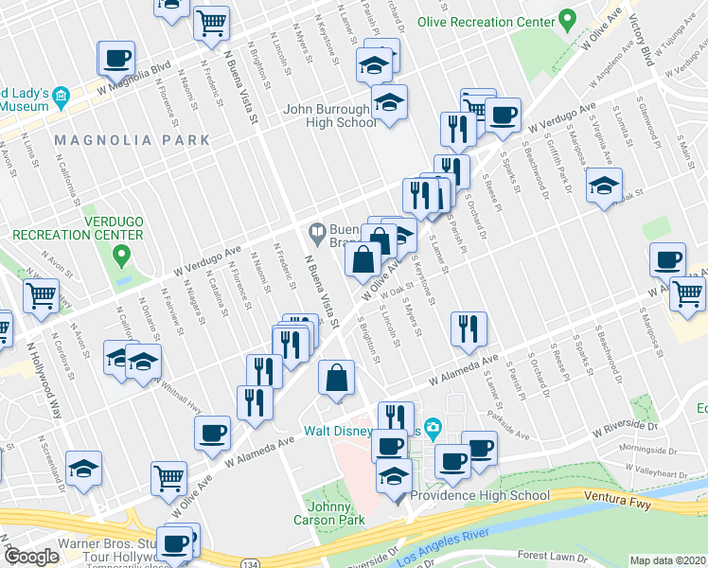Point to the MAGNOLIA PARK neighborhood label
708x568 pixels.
click(132, 140)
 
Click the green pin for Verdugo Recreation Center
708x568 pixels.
click(120, 254)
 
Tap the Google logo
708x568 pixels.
click(31, 557)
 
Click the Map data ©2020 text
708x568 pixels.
click(667, 561)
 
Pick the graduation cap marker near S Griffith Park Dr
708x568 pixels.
click(603, 186)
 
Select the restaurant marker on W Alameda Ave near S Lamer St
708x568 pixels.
click(469, 328)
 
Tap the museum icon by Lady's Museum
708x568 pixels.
click(61, 96)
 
